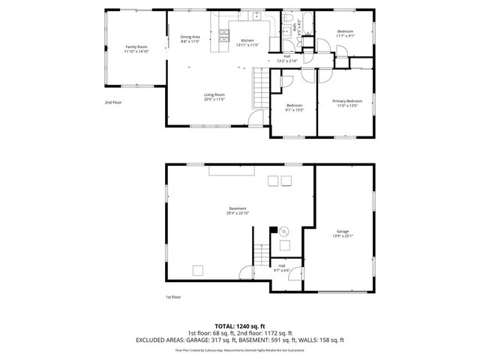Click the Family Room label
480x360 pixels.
136,46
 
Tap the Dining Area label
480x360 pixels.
190,37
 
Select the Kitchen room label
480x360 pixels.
247,40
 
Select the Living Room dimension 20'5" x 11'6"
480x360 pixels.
214,99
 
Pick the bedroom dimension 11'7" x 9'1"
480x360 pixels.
346,35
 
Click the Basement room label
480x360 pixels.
237,208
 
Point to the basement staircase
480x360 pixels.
259,257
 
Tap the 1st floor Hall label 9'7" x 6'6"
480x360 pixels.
282,269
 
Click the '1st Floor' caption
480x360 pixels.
173,297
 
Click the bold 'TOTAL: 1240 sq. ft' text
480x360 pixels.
239,326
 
